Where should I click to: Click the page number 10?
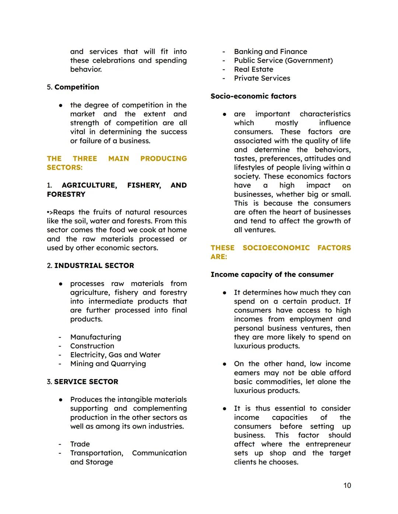pos(347,486)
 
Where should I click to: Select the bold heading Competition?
pos(77,87)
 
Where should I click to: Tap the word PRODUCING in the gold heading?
pos(164,159)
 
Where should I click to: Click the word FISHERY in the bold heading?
pos(144,185)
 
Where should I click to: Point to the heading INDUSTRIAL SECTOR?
pos(94,266)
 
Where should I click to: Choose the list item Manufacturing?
pos(95,337)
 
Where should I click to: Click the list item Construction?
pos(92,346)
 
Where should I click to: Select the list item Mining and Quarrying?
pos(108,364)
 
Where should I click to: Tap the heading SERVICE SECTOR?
pos(86,382)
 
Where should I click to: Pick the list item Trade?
pos(80,444)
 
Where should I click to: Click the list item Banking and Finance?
pos(270,52)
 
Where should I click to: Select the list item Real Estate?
pos(254,69)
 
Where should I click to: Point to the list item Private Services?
pos(262,78)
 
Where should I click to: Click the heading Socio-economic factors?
pos(253,96)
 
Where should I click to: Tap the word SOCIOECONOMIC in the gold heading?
pos(276,248)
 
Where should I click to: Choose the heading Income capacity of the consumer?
pos(272,274)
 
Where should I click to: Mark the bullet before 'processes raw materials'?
pos(60,284)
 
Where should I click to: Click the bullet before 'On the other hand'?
pos(224,364)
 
